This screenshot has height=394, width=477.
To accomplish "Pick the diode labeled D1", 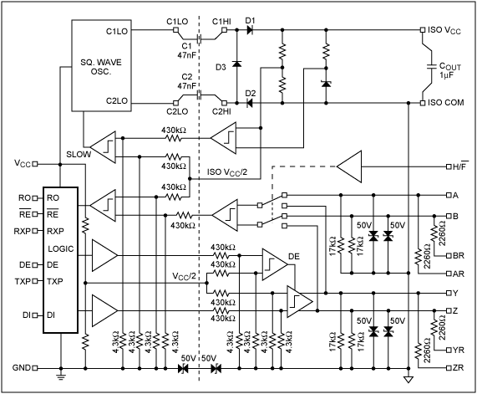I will [250, 21].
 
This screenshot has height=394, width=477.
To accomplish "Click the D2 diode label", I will [250, 92].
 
